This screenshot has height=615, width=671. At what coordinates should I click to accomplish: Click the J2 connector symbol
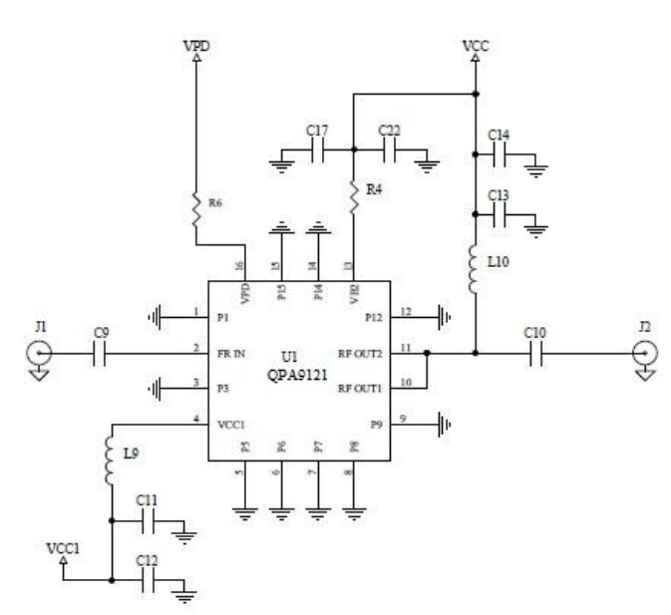coord(643,353)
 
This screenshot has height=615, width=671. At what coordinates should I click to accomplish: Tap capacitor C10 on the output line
coord(535,353)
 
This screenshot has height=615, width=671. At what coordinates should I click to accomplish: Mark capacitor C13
coord(499,213)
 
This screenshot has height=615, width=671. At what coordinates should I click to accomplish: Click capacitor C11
coord(148,519)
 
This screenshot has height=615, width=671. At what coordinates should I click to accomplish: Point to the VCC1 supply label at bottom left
coord(62,549)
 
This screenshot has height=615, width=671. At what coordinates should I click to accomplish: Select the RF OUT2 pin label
coord(360,352)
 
